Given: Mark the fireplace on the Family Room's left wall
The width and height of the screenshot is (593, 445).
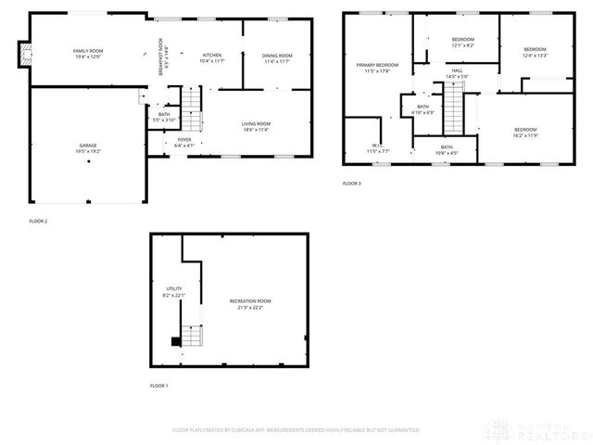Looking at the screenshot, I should click(x=25, y=54).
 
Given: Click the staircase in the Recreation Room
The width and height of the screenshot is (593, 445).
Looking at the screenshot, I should click(x=191, y=335).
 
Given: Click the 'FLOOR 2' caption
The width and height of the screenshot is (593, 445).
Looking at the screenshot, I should click(x=37, y=221).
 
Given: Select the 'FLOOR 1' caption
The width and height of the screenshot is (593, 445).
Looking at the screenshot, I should click(x=159, y=386).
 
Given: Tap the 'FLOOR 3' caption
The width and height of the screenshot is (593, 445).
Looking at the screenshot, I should click(x=352, y=184).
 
